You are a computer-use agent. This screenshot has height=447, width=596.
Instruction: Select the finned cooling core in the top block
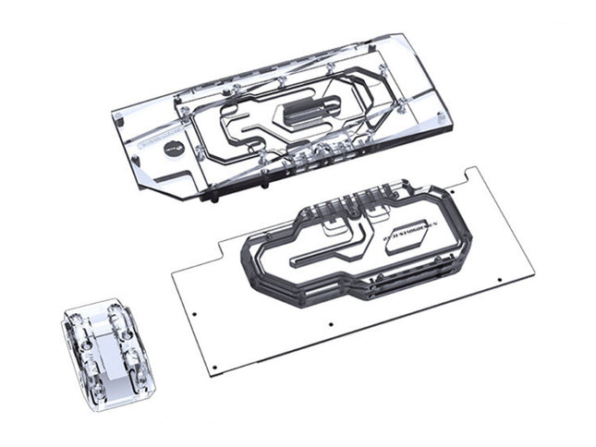coord(309,114)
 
